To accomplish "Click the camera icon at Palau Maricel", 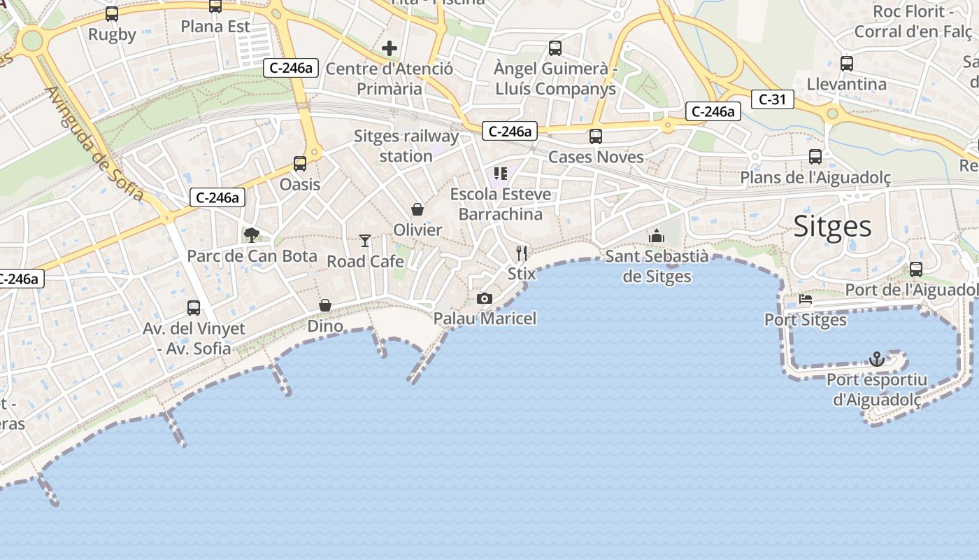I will pyautogui.click(x=484, y=299).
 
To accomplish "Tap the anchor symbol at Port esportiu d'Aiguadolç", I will pyautogui.click(x=877, y=360).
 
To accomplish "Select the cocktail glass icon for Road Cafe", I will pyautogui.click(x=365, y=241).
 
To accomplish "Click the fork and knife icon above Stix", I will pyautogui.click(x=522, y=253).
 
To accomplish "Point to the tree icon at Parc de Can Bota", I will pyautogui.click(x=252, y=235).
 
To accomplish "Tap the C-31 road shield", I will pyautogui.click(x=772, y=99).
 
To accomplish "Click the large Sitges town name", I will pyautogui.click(x=832, y=227).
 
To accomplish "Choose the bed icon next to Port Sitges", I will pyautogui.click(x=806, y=300).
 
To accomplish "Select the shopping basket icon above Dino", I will pyautogui.click(x=325, y=305).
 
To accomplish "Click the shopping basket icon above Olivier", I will pyautogui.click(x=417, y=209).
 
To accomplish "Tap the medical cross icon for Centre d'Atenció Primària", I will pyautogui.click(x=390, y=48).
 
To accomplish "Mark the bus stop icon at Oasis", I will pyautogui.click(x=300, y=164).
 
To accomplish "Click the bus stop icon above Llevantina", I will pyautogui.click(x=847, y=64).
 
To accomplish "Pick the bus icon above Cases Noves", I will pyautogui.click(x=596, y=136).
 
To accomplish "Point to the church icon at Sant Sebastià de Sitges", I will pyautogui.click(x=656, y=236).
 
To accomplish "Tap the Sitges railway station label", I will pyautogui.click(x=406, y=146).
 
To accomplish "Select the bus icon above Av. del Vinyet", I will pyautogui.click(x=194, y=307).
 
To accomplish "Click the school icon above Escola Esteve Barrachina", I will pyautogui.click(x=500, y=173).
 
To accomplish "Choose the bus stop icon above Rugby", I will pyautogui.click(x=112, y=14).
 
